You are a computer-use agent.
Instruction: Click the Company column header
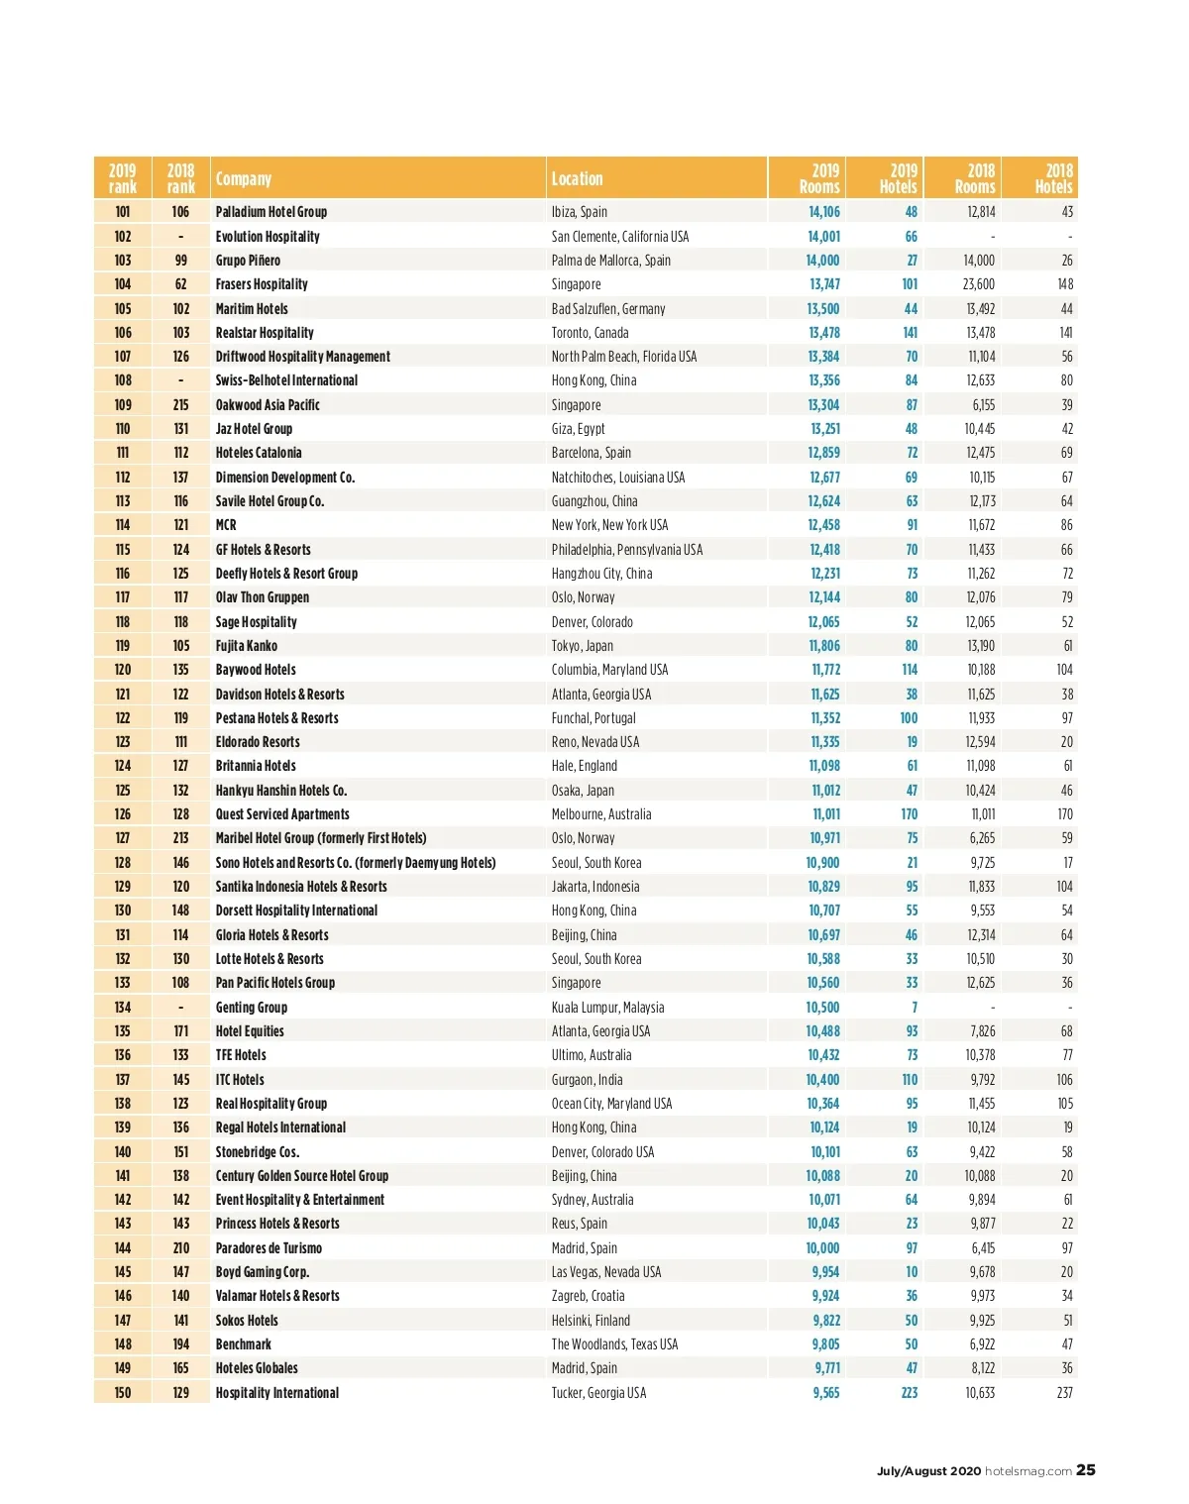(x=244, y=179)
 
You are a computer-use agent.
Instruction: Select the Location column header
(x=577, y=179)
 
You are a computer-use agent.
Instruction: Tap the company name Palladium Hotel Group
(x=271, y=212)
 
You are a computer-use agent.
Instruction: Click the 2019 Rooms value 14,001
(x=823, y=237)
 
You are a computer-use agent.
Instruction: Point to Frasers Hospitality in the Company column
(x=262, y=284)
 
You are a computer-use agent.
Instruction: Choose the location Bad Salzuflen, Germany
(x=608, y=309)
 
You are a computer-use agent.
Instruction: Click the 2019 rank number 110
(x=123, y=429)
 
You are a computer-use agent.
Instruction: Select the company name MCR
(x=226, y=525)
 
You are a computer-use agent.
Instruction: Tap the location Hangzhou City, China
(x=601, y=574)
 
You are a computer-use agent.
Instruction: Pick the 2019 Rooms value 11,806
(x=824, y=646)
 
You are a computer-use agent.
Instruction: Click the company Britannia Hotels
(x=256, y=766)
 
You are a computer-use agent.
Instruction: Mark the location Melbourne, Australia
(x=601, y=814)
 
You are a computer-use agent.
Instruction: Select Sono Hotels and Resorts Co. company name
(x=356, y=863)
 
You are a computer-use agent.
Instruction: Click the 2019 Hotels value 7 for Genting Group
(x=914, y=1008)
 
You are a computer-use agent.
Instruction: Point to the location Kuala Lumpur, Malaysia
(x=607, y=1008)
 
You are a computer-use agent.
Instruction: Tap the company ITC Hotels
(x=240, y=1080)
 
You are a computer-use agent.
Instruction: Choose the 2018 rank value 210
(x=181, y=1248)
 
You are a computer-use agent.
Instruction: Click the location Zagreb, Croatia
(x=588, y=1296)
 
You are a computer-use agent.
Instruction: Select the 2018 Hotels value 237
(x=1064, y=1393)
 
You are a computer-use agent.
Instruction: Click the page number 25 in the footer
(x=1086, y=1470)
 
